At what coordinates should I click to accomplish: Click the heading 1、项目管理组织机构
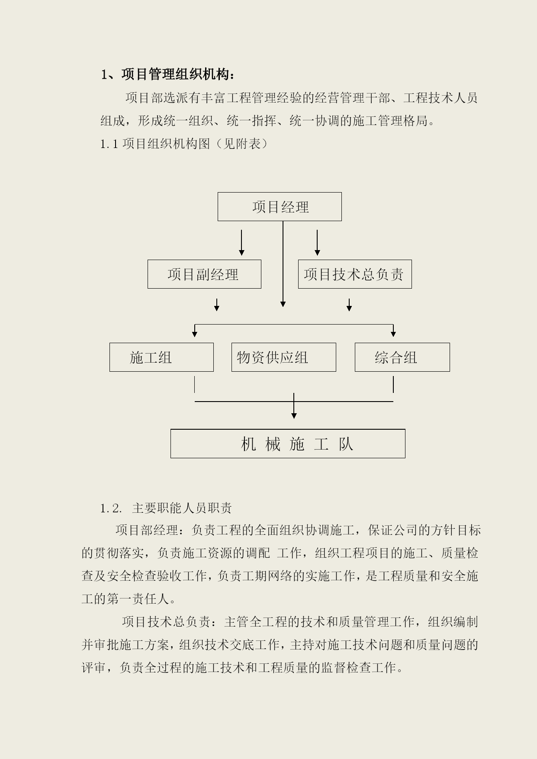pyautogui.click(x=168, y=74)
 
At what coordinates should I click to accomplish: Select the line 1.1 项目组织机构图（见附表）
pyautogui.click(x=184, y=144)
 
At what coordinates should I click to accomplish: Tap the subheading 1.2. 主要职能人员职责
pyautogui.click(x=166, y=508)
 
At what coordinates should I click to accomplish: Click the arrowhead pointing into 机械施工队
pyautogui.click(x=294, y=416)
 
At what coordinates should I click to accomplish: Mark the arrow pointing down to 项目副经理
pyautogui.click(x=241, y=243)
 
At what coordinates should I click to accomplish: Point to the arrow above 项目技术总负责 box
pyautogui.click(x=317, y=243)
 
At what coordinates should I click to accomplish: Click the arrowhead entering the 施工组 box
pyautogui.click(x=195, y=334)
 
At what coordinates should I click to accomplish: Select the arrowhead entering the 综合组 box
pyautogui.click(x=393, y=334)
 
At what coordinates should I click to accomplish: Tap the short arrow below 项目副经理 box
pyautogui.click(x=217, y=305)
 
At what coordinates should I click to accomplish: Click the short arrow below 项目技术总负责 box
pyautogui.click(x=349, y=305)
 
